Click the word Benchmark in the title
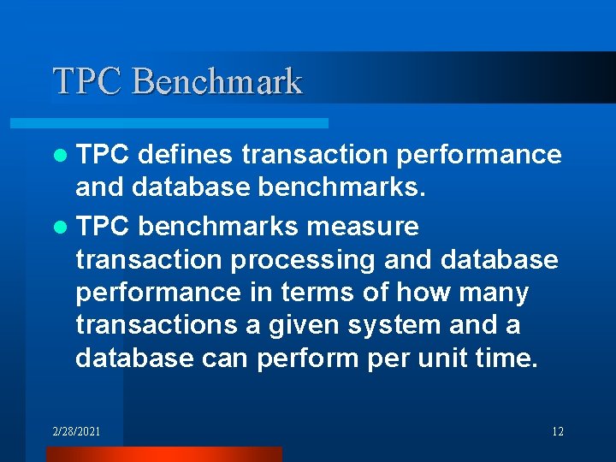[x=218, y=81]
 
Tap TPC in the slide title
[x=90, y=81]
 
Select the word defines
[x=185, y=155]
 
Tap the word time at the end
[x=510, y=358]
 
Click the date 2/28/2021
[x=75, y=431]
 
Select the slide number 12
[x=557, y=431]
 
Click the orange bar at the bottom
[x=163, y=454]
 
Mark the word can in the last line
[x=225, y=358]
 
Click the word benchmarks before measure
[x=218, y=227]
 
